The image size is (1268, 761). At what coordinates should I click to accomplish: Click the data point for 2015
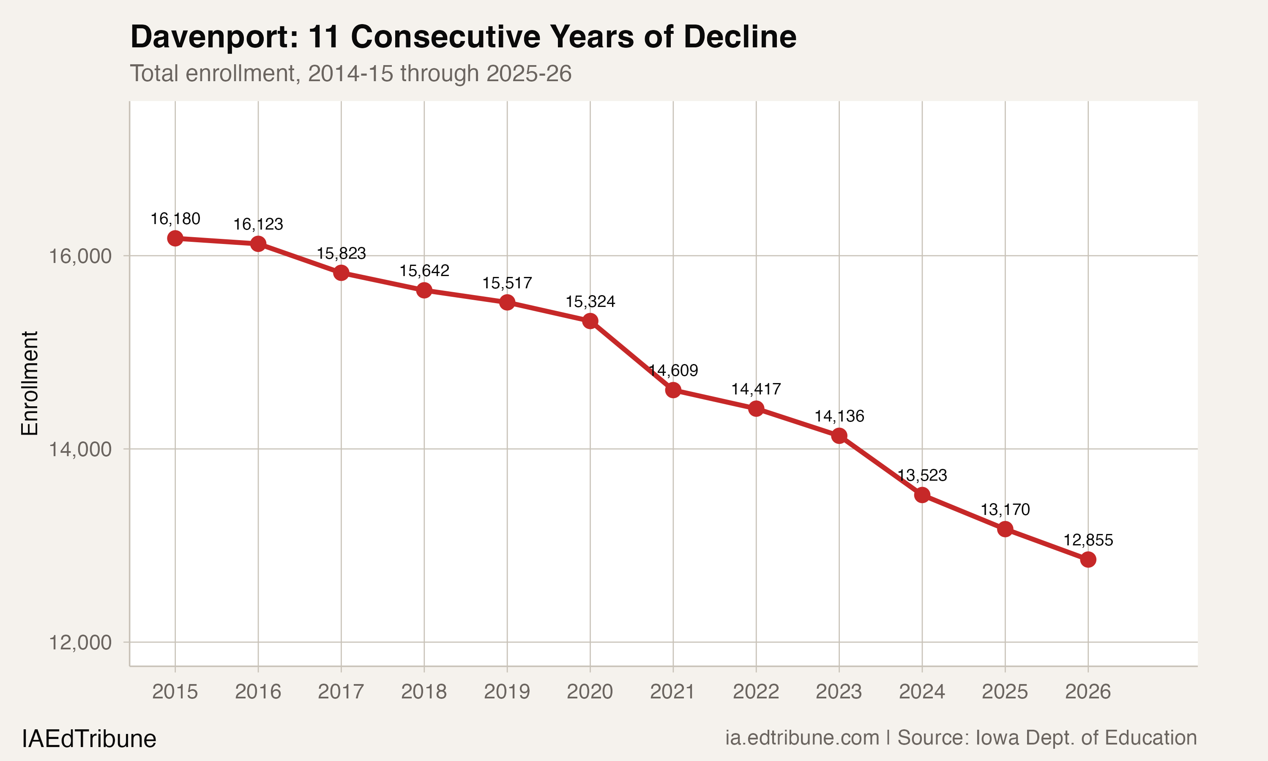175,238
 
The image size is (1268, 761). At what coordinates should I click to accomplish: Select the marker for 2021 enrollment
673,390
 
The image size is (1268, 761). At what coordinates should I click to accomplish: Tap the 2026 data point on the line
1088,559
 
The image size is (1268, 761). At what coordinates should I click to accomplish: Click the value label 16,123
258,224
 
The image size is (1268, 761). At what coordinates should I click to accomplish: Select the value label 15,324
590,301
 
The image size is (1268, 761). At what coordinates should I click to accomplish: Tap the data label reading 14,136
839,416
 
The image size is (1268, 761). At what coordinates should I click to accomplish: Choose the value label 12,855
1088,540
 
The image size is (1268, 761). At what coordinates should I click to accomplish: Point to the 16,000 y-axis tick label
80,256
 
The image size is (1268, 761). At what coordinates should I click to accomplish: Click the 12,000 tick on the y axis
80,643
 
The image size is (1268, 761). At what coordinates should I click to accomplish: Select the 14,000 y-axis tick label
80,449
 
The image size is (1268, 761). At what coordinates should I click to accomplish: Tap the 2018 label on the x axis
424,692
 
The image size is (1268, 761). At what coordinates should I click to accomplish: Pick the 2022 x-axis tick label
756,692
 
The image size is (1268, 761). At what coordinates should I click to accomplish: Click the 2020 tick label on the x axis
590,692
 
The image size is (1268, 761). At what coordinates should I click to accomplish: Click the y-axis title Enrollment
30,383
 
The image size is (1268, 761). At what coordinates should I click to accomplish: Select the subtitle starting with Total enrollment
350,73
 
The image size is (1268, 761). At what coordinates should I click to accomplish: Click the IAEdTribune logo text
89,739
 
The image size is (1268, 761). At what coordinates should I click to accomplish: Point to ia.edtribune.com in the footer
802,737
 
